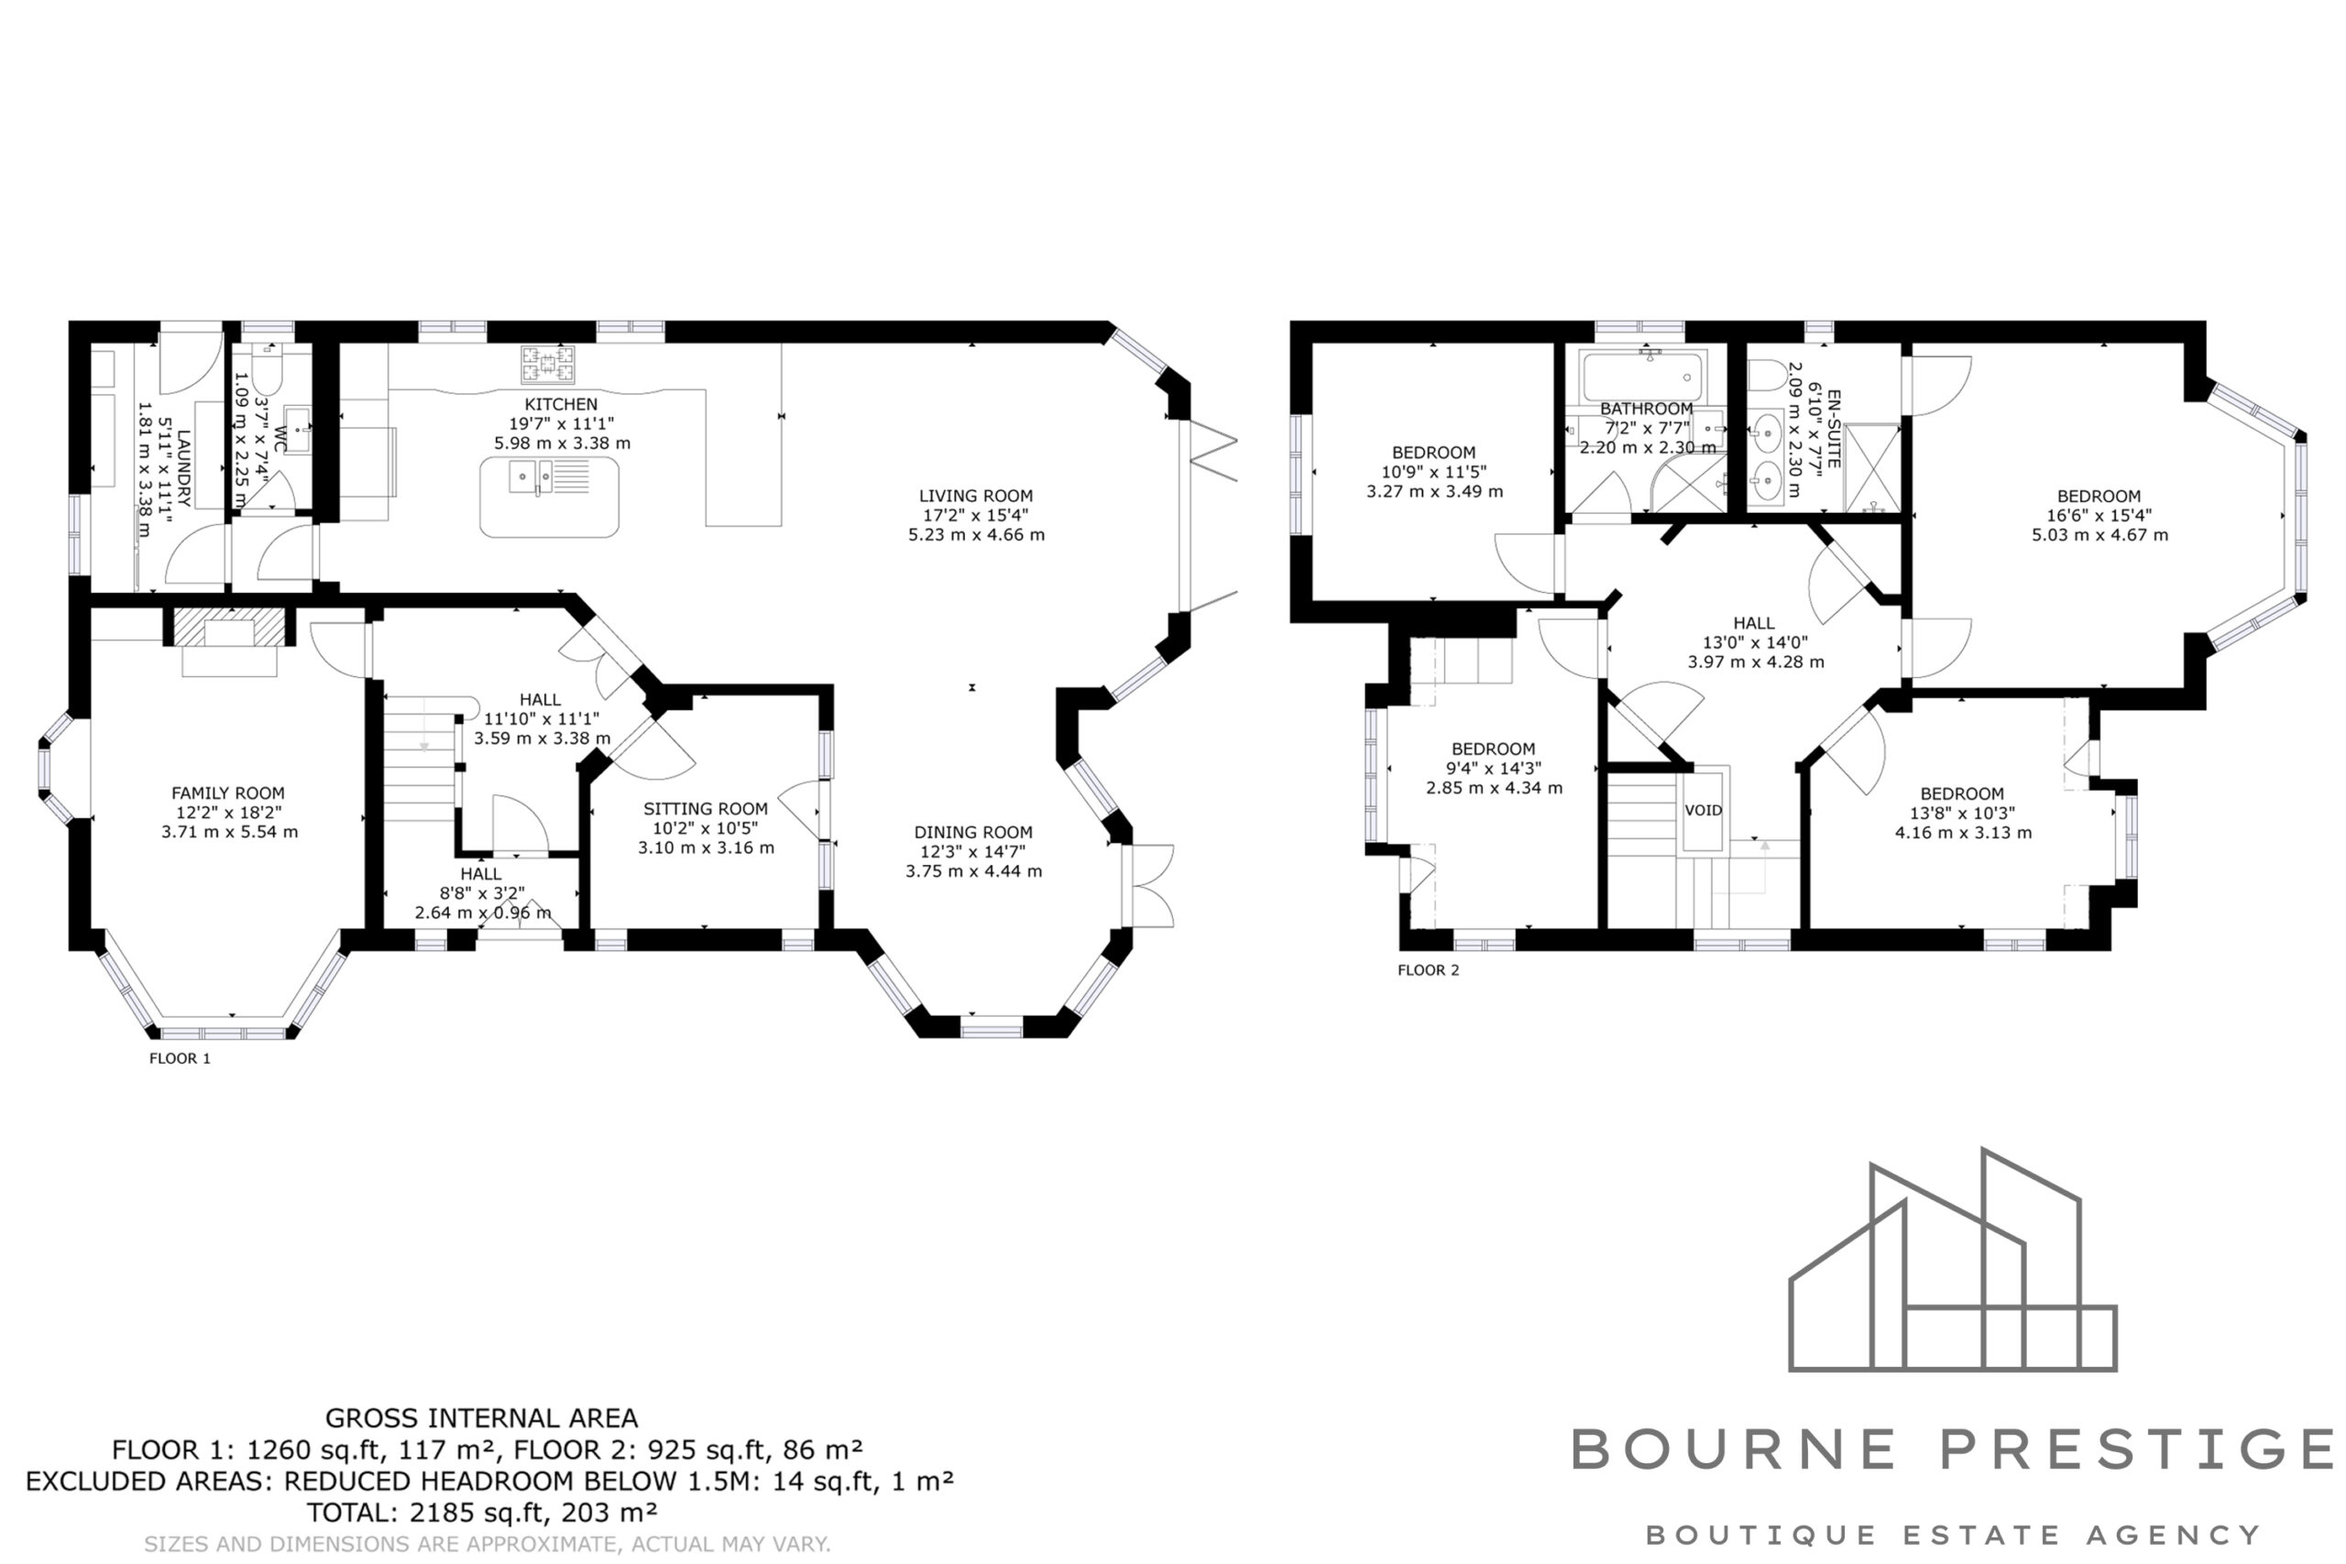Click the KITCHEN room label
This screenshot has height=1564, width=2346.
click(x=562, y=404)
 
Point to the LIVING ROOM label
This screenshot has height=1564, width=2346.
click(x=975, y=496)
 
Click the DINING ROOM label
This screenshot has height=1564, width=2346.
click(x=973, y=832)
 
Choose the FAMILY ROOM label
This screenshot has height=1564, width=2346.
click(x=228, y=793)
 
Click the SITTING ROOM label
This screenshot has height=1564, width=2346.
click(x=706, y=809)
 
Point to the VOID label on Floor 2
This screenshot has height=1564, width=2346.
click(x=1704, y=810)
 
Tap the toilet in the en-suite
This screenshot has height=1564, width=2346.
click(x=1768, y=375)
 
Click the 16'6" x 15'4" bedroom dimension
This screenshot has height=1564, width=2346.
click(x=2099, y=515)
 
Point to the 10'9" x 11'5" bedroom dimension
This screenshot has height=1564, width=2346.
click(x=1434, y=472)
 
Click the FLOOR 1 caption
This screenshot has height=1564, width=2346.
click(x=180, y=1058)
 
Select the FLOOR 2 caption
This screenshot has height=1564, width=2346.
click(x=1429, y=969)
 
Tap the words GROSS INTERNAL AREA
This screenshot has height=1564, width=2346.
click(x=482, y=1417)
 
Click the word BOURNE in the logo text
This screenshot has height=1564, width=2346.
click(x=1734, y=1449)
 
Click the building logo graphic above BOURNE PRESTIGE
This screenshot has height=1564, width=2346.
click(x=1952, y=1260)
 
